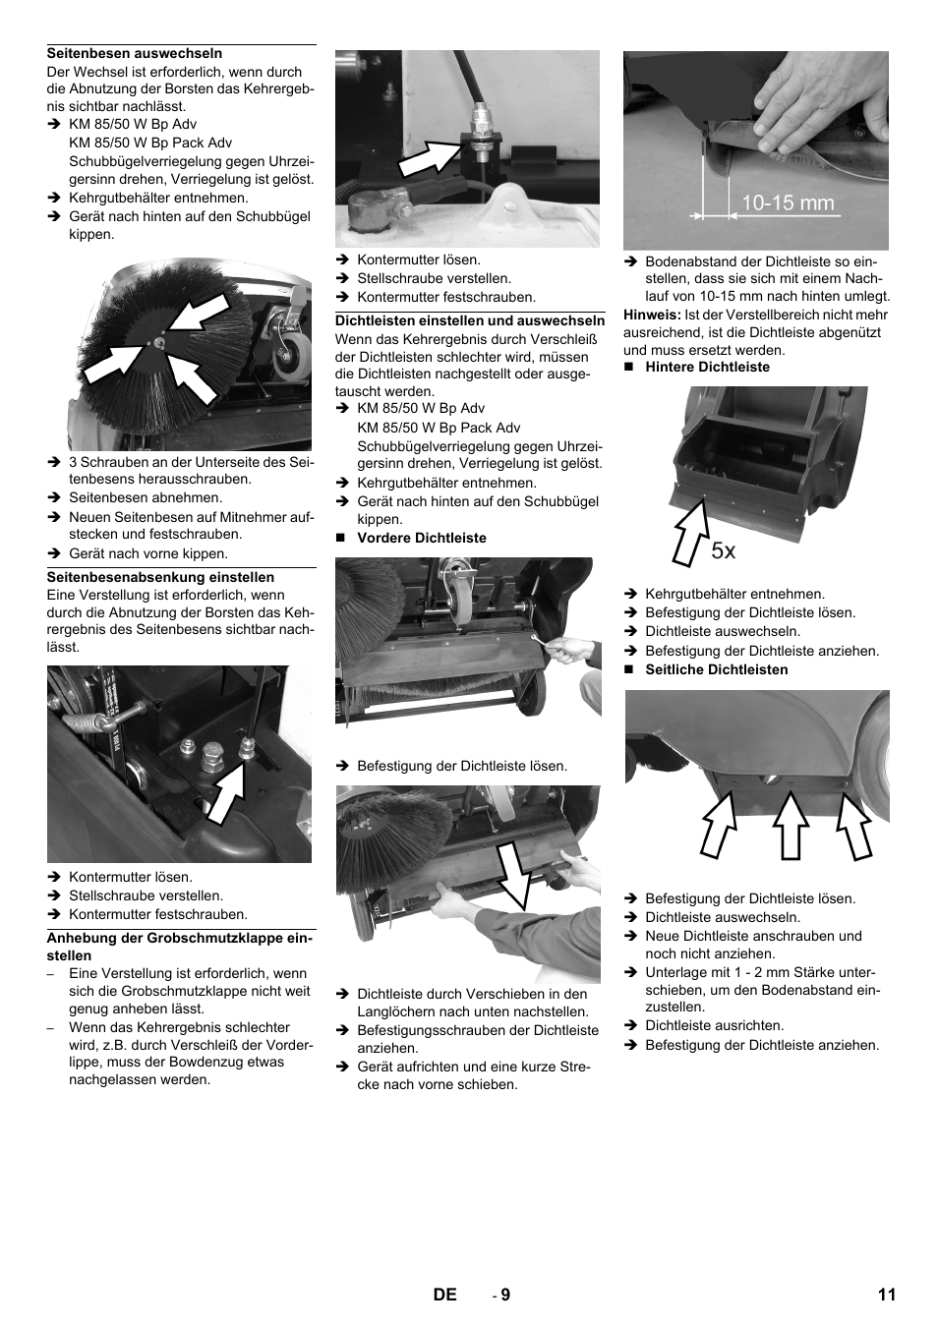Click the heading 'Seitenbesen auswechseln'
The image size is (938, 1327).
[x=135, y=53]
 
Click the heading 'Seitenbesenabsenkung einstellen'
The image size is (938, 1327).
[x=160, y=577]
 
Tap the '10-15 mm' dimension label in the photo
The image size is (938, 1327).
[x=787, y=203]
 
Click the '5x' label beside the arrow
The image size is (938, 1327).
[x=723, y=551]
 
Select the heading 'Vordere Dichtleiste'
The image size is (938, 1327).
[x=421, y=538]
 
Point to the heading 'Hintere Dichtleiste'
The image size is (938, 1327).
[x=707, y=367]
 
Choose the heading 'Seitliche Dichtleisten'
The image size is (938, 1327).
[x=716, y=669]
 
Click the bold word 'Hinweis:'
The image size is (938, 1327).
[x=652, y=315]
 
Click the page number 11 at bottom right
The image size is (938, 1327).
[x=886, y=1295]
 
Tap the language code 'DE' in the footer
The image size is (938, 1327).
[x=444, y=1295]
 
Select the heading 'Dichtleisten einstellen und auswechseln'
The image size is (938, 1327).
[x=470, y=320]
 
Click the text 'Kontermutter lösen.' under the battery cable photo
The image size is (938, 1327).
[x=419, y=260]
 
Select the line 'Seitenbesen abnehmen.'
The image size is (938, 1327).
[x=146, y=497]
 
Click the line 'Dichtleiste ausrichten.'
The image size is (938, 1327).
[x=714, y=1024]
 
